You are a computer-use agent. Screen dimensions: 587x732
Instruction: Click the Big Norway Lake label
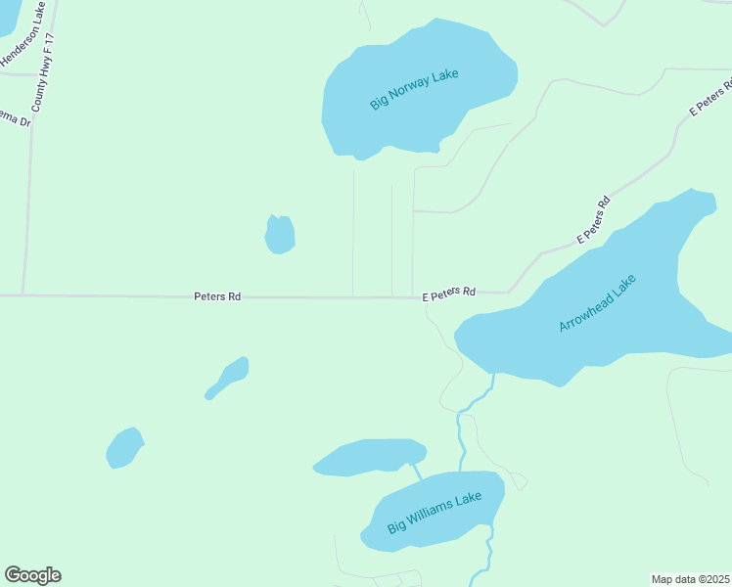click(x=414, y=88)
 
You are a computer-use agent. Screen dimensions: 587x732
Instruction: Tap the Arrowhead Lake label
click(x=597, y=303)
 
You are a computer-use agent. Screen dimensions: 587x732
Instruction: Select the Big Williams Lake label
click(x=435, y=513)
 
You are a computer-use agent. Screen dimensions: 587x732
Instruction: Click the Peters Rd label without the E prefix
click(x=217, y=295)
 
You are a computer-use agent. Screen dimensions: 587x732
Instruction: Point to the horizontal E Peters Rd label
click(x=449, y=293)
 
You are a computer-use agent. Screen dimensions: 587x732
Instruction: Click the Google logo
click(x=32, y=575)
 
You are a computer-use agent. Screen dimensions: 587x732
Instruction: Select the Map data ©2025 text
click(x=691, y=578)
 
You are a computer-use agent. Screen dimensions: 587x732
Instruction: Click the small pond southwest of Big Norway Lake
click(x=280, y=235)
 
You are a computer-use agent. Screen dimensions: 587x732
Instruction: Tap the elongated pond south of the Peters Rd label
click(x=229, y=377)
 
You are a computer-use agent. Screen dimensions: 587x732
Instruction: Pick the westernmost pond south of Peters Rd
click(x=124, y=448)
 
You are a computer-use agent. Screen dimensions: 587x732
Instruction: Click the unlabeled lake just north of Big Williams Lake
click(x=369, y=456)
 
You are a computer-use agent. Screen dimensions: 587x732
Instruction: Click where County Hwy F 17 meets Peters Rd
click(x=23, y=294)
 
